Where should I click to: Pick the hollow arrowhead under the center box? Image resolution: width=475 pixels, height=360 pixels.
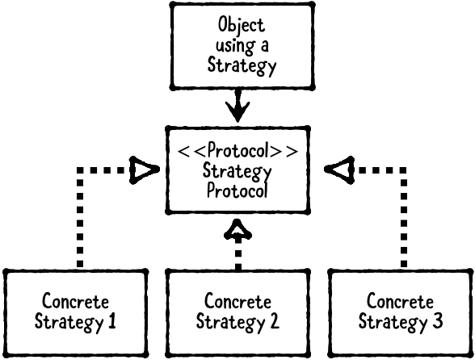237,231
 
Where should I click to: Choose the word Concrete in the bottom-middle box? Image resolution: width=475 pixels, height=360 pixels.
237,303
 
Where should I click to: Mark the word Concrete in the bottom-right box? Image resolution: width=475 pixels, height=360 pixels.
401,303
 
